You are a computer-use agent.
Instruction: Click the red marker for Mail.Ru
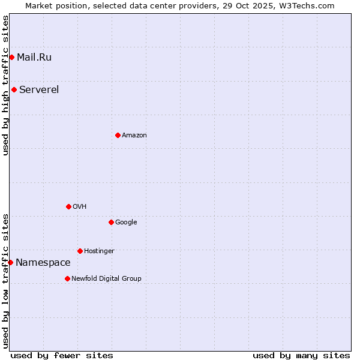click(x=11, y=57)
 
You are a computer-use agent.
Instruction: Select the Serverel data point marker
click(x=14, y=90)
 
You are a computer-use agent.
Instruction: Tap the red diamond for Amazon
click(x=118, y=135)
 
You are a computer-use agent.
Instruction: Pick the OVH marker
click(x=68, y=206)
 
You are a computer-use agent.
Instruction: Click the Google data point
click(x=111, y=222)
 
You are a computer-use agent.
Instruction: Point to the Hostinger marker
click(x=80, y=251)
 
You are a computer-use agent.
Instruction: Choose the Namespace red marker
click(x=10, y=262)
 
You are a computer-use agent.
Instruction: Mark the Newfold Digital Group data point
click(x=67, y=278)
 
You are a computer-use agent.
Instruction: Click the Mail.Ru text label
click(x=34, y=58)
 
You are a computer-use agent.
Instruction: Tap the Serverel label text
click(x=39, y=90)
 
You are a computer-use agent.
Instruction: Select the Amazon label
click(x=134, y=136)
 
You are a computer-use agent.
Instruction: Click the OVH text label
click(x=80, y=207)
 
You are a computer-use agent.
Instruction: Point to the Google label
click(x=126, y=223)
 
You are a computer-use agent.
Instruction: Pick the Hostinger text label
click(x=99, y=251)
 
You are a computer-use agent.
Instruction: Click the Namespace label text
click(x=43, y=263)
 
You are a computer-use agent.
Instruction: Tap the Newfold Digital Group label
click(x=106, y=279)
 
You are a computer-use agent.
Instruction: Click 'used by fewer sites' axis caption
click(x=62, y=355)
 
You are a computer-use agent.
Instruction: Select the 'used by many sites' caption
click(x=301, y=355)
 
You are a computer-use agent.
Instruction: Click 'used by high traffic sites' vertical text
click(x=5, y=85)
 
